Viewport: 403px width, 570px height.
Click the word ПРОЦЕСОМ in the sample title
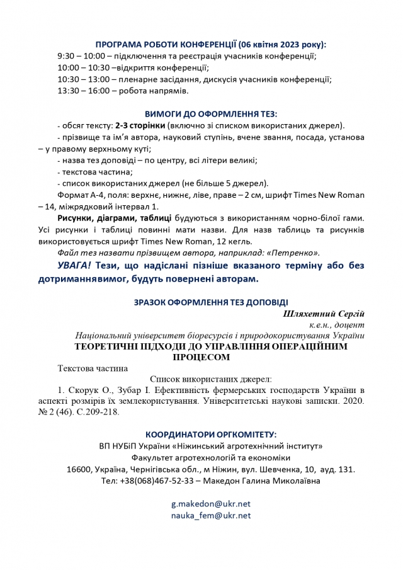pos(201,357)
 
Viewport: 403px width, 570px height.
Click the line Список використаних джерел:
pos(211,379)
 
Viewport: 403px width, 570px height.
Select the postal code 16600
pos(79,469)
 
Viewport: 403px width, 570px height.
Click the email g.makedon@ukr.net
pos(211,504)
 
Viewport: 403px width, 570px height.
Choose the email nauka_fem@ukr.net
pos(211,515)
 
